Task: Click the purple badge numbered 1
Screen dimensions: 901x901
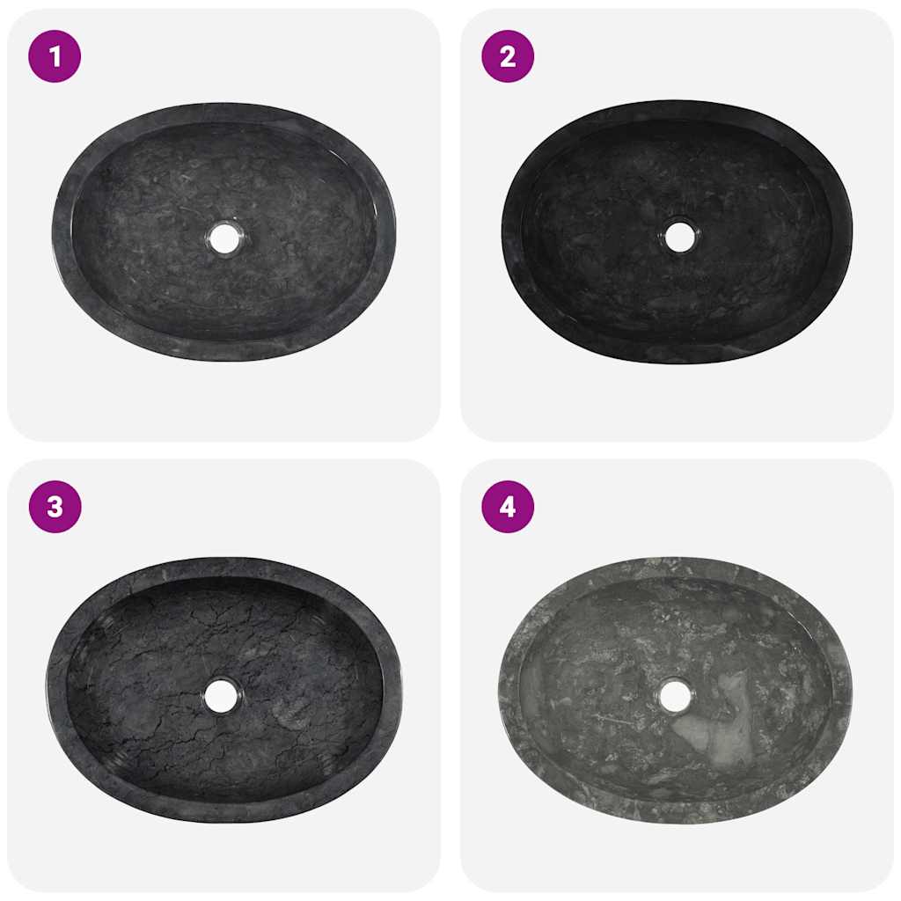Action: (x=55, y=56)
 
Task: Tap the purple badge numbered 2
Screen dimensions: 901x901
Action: (x=508, y=56)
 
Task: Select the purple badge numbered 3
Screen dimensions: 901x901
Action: (x=55, y=507)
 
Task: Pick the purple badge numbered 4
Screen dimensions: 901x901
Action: (x=508, y=507)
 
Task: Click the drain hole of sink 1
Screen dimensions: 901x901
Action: (x=223, y=238)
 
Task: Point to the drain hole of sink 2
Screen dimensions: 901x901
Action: (x=678, y=236)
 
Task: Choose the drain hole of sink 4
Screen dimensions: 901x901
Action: (x=675, y=694)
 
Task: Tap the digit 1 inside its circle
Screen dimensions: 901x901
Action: (x=55, y=56)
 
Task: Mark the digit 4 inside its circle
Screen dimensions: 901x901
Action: (x=508, y=507)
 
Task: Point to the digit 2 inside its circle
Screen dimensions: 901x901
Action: (x=508, y=56)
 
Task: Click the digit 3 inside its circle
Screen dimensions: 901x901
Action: (x=55, y=507)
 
